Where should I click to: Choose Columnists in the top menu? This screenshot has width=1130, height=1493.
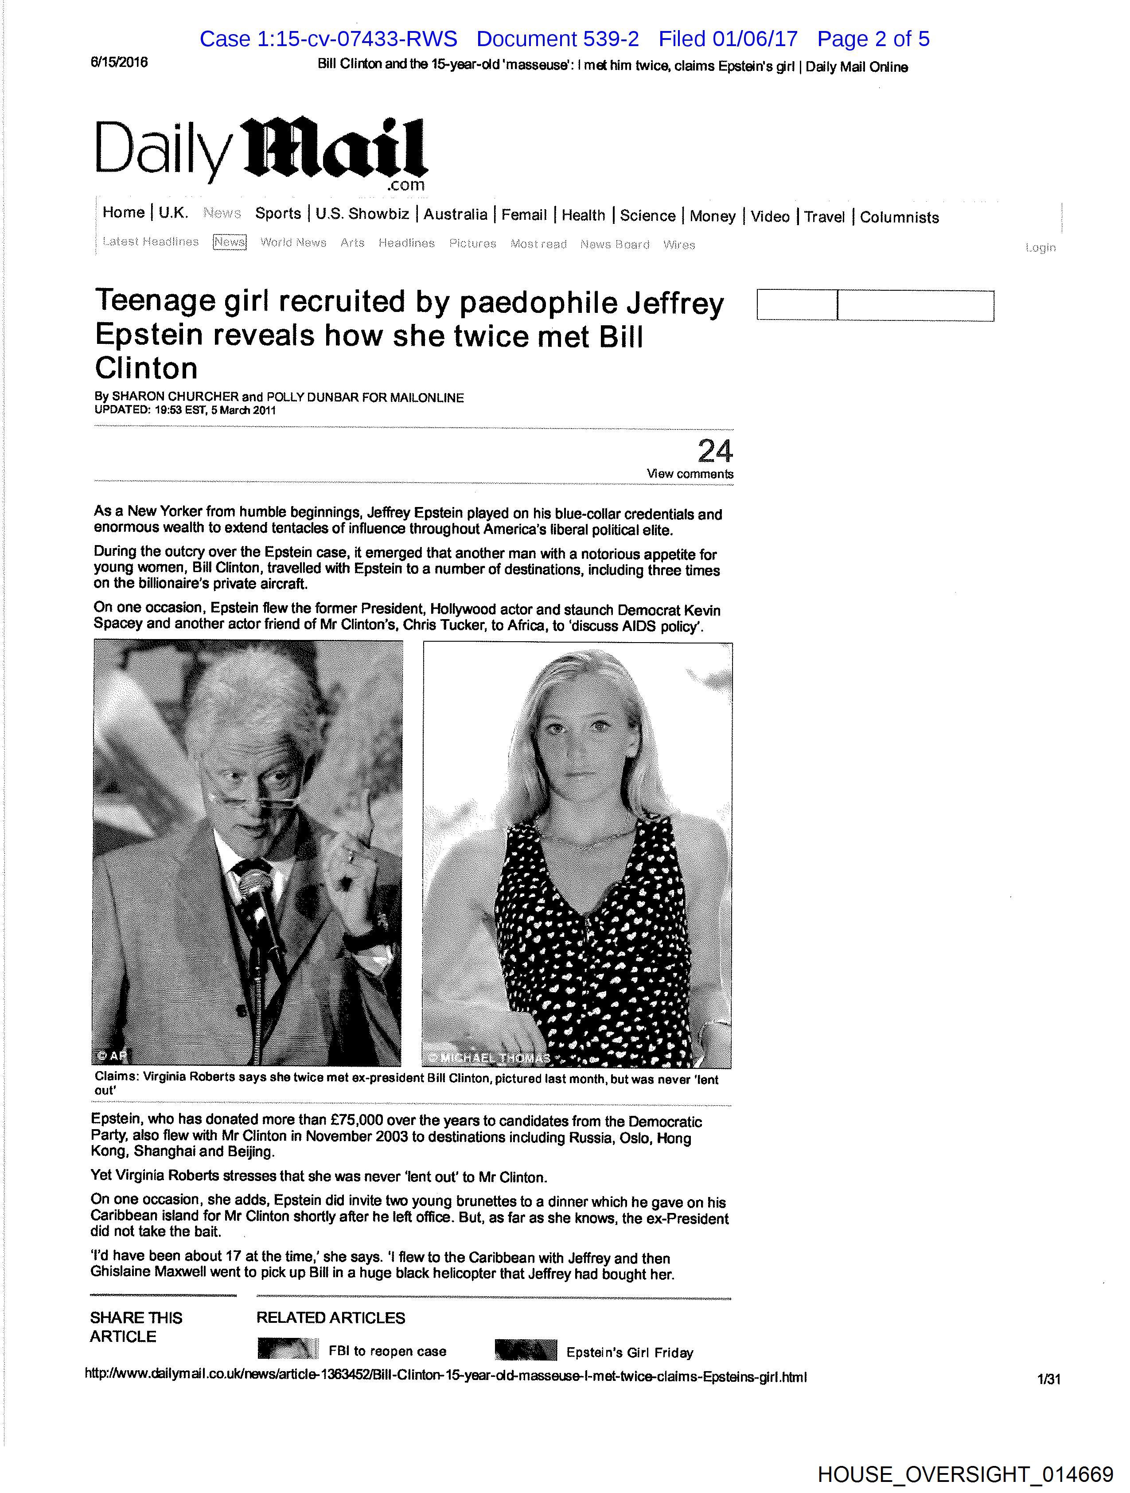point(899,217)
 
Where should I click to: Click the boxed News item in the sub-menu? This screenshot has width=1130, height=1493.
point(230,242)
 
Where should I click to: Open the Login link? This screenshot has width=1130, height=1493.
point(1040,248)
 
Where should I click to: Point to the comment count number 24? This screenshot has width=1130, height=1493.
point(714,451)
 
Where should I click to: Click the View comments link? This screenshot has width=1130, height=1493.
point(689,474)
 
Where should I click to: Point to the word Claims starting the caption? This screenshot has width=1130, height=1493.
point(116,1076)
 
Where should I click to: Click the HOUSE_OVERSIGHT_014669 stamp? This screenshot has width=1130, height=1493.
point(965,1474)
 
